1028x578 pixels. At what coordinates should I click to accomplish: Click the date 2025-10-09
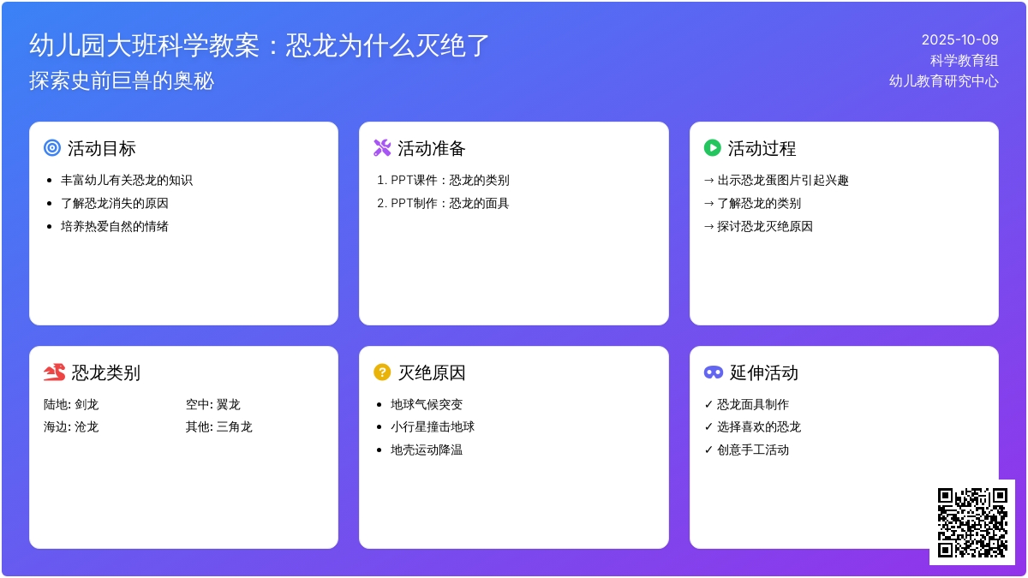959,40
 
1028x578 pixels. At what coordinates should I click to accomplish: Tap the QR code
972,522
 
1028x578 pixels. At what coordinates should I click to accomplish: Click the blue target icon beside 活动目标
52,147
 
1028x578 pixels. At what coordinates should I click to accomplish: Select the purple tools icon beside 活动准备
382,147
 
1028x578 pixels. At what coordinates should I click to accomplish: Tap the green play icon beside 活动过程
712,147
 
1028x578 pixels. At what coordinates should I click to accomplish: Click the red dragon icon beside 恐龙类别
54,372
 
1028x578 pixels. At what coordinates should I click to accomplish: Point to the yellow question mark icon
382,372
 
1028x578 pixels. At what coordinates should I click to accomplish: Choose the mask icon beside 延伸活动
714,372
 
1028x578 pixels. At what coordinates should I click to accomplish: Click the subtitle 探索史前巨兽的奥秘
122,80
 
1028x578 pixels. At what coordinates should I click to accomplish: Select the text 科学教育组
965,60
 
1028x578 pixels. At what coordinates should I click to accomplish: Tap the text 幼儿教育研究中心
943,80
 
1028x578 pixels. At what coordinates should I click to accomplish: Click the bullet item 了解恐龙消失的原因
115,203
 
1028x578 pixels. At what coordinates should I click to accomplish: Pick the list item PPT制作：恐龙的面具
450,203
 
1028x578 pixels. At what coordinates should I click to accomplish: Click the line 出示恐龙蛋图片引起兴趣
783,181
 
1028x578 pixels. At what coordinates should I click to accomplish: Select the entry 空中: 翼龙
213,404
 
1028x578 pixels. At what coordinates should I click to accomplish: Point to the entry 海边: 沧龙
71,426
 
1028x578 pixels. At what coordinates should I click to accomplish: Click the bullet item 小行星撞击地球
433,426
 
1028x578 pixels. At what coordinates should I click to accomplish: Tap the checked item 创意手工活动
753,450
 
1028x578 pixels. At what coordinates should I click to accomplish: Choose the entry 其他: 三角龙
219,426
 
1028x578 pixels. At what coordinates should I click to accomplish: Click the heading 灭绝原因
432,372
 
